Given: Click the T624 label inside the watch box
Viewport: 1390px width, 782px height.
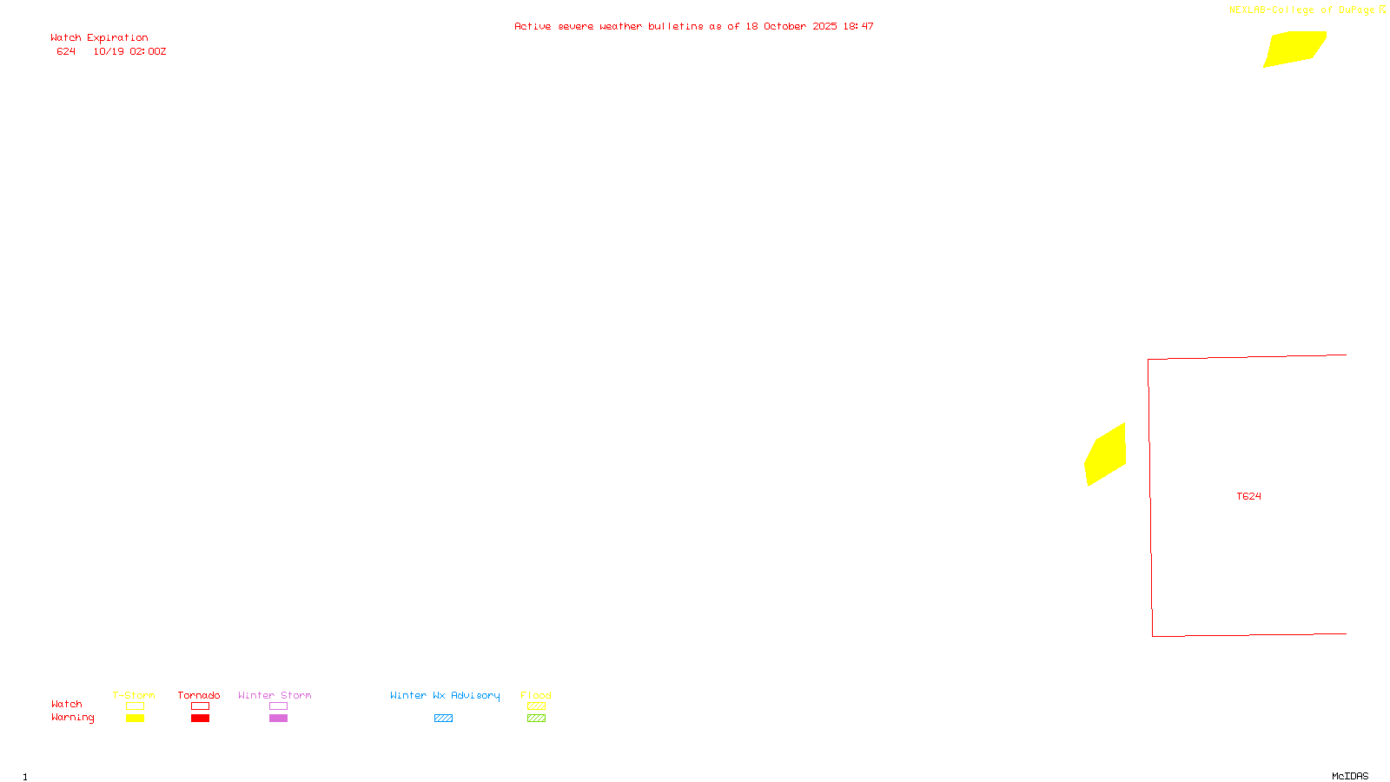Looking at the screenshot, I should click(1248, 497).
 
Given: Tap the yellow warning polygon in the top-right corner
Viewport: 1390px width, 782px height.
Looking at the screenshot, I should click(1294, 48).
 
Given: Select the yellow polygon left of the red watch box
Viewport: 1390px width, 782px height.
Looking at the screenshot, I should click(1105, 454).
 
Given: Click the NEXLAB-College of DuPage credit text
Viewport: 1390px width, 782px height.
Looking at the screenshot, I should click(1302, 10).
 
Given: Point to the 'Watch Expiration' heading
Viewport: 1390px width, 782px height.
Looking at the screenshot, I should click(99, 38).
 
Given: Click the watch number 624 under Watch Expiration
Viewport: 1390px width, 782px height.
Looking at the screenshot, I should click(66, 52).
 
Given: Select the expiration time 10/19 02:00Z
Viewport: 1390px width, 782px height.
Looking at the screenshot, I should click(129, 52).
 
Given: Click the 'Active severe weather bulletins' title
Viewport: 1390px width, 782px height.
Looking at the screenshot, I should click(693, 27).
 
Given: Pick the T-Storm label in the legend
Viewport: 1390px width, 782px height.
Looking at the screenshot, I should click(134, 695).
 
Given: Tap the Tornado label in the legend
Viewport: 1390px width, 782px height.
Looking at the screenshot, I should click(199, 695).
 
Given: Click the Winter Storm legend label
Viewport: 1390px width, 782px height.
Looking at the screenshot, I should click(275, 695).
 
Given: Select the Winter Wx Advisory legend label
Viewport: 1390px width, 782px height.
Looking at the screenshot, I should click(445, 695).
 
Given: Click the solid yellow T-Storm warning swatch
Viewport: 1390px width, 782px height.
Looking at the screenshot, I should click(135, 719).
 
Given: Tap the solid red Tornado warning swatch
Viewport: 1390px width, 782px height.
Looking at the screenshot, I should click(200, 719).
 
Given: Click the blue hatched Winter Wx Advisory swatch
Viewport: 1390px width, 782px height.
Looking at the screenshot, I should click(443, 719).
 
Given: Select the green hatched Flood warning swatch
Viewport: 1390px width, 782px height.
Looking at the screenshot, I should click(536, 719).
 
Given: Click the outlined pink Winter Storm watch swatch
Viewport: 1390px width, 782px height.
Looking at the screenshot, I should click(278, 706).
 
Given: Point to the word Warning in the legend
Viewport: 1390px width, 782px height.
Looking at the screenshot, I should click(73, 718).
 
